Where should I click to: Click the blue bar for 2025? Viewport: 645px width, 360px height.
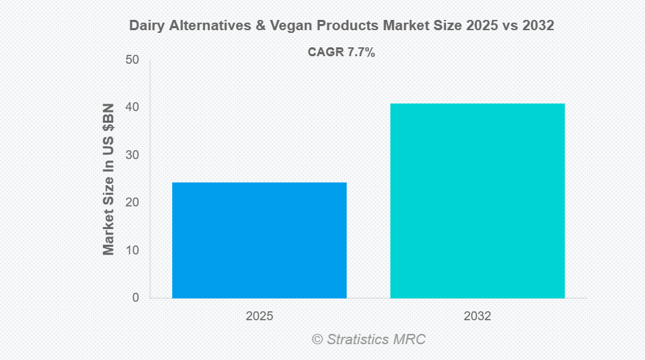coord(259,240)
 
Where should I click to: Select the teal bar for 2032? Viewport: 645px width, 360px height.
coord(478,200)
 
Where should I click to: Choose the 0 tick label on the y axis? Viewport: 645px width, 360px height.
coord(135,298)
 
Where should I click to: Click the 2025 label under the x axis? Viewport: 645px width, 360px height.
coord(259,317)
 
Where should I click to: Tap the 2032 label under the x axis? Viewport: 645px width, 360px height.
coord(478,317)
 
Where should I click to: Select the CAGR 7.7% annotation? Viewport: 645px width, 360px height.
coord(341,53)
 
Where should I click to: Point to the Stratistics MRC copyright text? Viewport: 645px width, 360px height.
coord(368,339)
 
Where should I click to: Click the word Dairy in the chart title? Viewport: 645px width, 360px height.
coord(145,26)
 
